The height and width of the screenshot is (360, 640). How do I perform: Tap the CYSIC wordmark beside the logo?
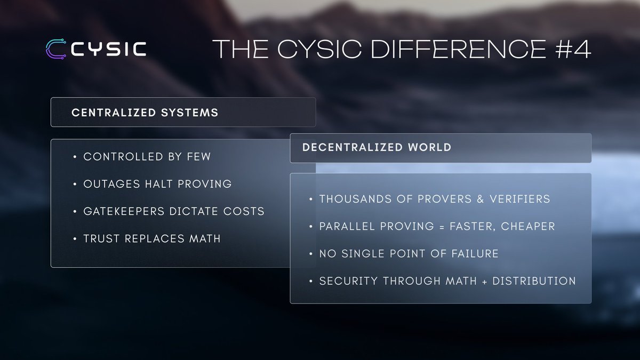(x=109, y=49)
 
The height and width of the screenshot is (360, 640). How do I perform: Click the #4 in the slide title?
(x=573, y=49)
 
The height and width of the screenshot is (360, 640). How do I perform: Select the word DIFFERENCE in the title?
(x=458, y=49)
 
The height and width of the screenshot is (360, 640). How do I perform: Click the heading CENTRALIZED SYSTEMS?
(x=145, y=113)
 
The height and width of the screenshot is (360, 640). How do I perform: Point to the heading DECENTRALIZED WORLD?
(x=377, y=147)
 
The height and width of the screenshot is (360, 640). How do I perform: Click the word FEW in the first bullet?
(x=199, y=157)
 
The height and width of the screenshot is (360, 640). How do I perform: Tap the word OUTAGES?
(x=111, y=184)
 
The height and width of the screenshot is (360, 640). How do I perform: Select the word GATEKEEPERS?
(x=124, y=211)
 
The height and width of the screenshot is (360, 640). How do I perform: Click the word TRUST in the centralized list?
(x=101, y=239)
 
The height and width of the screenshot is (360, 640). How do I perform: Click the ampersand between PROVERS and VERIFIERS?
(x=481, y=199)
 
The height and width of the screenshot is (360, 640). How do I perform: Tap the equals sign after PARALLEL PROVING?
(x=442, y=227)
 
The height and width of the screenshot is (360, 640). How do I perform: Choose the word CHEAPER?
(x=528, y=227)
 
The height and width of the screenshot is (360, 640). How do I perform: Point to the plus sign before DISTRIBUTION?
(x=484, y=282)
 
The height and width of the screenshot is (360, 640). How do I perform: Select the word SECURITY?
(x=348, y=281)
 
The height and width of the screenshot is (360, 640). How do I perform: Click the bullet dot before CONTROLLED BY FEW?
(x=75, y=157)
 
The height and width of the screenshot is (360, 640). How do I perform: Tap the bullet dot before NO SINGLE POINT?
(x=311, y=254)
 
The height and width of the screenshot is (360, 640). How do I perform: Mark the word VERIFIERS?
(x=519, y=199)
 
